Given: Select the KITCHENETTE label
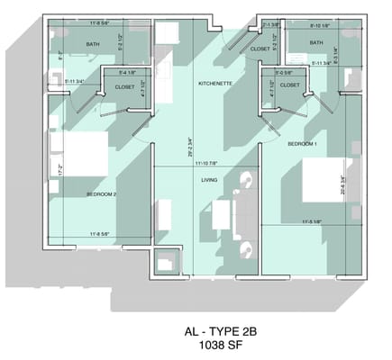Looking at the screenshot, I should [216, 84].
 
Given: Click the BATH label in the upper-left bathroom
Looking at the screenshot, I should [93, 43].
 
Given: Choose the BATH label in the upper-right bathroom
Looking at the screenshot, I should [316, 42].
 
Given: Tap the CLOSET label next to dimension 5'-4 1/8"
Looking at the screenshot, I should [125, 86].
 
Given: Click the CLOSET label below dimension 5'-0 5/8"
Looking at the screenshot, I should [289, 85].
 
